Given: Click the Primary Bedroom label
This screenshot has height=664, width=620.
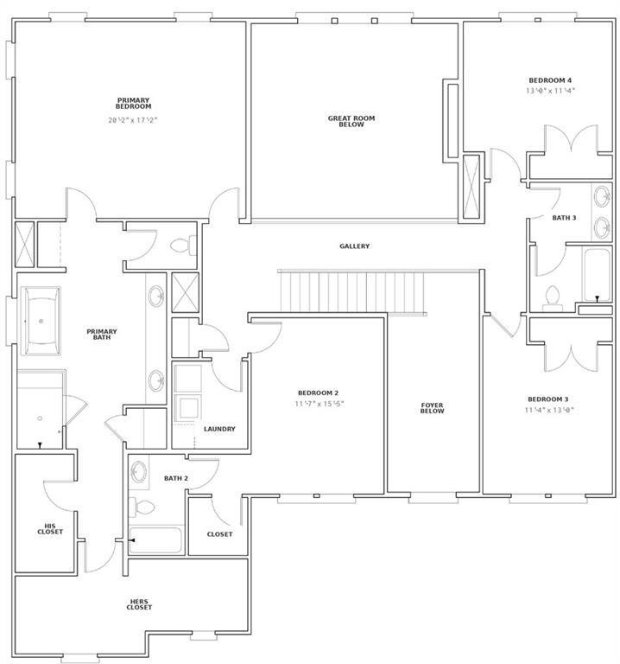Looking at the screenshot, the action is point(133,104).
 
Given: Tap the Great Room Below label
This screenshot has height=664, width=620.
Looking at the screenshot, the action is point(351,121).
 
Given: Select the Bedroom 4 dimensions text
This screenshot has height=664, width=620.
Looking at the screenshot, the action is point(550,91).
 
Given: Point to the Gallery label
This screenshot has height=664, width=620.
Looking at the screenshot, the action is point(354,246).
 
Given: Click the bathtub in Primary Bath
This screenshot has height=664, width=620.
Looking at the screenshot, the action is point(41,321).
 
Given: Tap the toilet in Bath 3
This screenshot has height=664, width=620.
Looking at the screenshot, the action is point(553,296).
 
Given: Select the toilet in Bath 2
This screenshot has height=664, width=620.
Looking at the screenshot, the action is point(142,507).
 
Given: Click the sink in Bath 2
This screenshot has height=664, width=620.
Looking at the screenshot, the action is point(139,472).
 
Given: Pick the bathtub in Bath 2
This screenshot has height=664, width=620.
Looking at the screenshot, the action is point(156,539).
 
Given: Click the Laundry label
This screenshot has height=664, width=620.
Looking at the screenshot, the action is point(219,429).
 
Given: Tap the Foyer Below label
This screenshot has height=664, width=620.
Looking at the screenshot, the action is point(433,408).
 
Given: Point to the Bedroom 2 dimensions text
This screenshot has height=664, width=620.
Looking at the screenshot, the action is point(319,404).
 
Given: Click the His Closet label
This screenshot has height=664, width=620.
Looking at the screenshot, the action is point(50,528).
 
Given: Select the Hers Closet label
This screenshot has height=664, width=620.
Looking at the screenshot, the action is point(139,604).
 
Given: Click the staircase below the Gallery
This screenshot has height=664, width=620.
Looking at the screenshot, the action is point(352,292).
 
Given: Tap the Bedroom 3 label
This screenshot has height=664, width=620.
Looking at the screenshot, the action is point(548,399).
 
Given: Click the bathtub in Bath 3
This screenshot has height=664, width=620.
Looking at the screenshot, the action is point(597,274).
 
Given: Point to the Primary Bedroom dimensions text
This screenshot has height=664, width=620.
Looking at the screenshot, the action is point(133,120).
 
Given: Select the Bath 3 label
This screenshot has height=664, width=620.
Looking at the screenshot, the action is point(564,218).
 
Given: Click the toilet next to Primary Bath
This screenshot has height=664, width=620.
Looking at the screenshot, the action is point(183,246).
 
